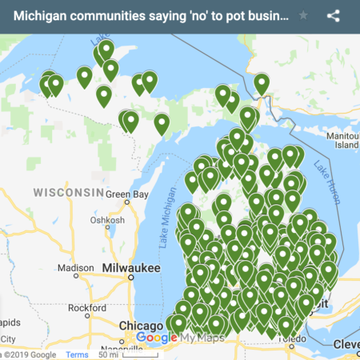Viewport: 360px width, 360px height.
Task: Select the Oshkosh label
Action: (107, 221)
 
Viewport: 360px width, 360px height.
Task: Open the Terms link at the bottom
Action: (77, 354)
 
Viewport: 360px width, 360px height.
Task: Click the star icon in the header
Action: (303, 15)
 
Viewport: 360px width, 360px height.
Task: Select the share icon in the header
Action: (334, 15)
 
